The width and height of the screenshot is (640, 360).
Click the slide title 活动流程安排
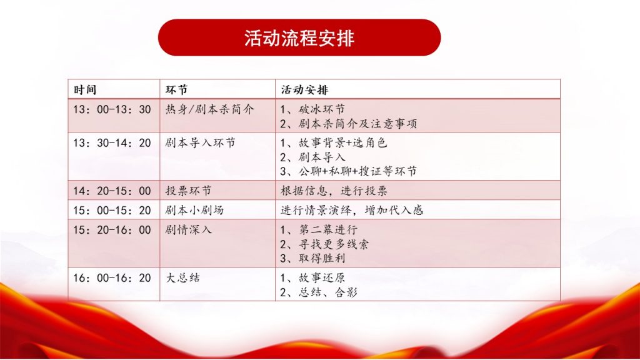click(299, 38)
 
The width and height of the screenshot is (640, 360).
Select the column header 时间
click(85, 90)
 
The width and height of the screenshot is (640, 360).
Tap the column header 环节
click(176, 90)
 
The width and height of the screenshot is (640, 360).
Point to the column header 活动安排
click(304, 90)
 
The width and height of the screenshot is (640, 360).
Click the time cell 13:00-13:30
click(112, 109)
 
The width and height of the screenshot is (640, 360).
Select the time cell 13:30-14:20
click(112, 143)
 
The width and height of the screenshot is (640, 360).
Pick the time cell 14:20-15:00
click(112, 191)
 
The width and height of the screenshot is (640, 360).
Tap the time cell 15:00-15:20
click(112, 210)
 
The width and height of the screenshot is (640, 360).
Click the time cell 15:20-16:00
click(112, 230)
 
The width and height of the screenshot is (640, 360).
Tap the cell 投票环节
click(188, 191)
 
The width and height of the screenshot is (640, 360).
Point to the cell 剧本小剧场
click(194, 210)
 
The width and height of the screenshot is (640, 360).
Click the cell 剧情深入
click(188, 230)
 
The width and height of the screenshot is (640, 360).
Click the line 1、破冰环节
click(312, 109)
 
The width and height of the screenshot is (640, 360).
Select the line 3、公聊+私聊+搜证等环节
click(348, 171)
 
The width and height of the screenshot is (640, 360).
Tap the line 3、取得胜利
click(312, 258)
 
